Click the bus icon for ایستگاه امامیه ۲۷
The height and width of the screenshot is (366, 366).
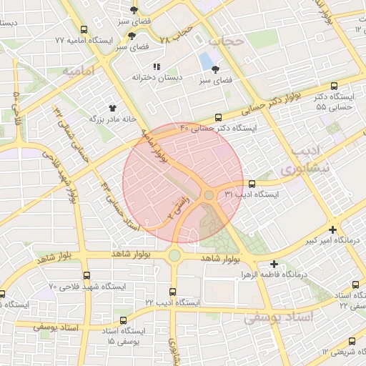click(84, 31)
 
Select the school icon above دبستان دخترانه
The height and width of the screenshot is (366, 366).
click(156, 66)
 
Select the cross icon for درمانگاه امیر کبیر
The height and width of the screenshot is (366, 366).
click(332, 229)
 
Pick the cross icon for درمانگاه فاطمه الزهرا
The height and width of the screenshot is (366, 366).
click(274, 264)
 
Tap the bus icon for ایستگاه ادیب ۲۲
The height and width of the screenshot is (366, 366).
click(172, 292)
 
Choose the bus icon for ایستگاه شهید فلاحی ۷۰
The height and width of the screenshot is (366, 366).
click(86, 275)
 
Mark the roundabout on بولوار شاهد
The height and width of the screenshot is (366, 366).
click(174, 255)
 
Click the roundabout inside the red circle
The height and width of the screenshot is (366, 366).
click(208, 195)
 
